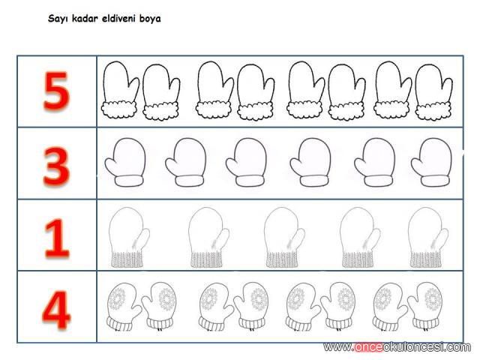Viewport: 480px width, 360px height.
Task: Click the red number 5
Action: coord(57,91)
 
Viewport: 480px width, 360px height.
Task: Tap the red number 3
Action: coord(57,166)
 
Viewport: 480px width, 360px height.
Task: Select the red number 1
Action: coord(57,238)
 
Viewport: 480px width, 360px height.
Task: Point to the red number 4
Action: coord(56,310)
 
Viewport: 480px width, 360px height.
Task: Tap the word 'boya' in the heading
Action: coord(150,19)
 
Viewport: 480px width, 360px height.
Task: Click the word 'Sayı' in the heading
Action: coord(58,19)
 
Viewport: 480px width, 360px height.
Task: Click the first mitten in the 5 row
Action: coord(120,89)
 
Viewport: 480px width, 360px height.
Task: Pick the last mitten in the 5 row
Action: coord(433,91)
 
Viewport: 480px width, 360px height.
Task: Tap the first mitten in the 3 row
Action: coord(125,162)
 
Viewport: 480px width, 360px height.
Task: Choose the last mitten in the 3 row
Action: coord(431,162)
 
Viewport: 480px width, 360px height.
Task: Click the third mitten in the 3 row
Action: coord(246,162)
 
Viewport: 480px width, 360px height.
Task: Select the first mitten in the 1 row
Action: coord(129,238)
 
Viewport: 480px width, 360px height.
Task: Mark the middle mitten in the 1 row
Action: coord(284,238)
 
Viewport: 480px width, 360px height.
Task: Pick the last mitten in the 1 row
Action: coord(428,238)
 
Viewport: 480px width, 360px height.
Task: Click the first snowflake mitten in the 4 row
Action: coord(124,307)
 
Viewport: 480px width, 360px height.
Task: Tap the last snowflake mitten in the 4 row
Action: coord(425,307)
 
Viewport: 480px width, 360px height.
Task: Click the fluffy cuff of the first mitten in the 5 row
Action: coord(119,110)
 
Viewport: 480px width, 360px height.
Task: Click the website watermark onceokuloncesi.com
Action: coord(397,347)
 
